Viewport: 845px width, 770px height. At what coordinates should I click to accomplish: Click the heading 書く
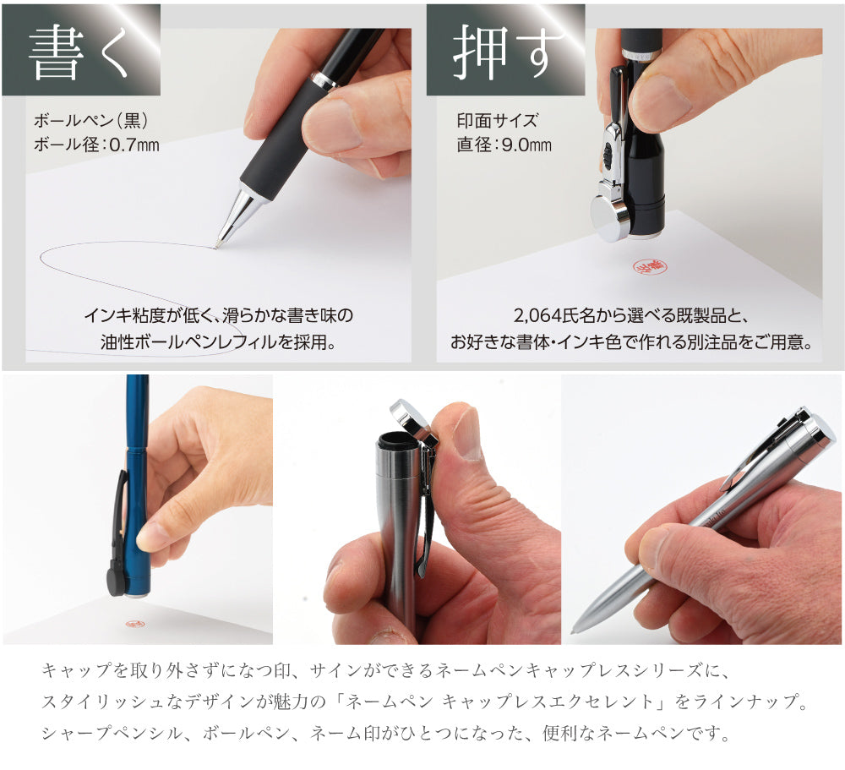pyautogui.click(x=79, y=53)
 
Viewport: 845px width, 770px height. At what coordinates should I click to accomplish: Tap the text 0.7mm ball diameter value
pyautogui.click(x=134, y=145)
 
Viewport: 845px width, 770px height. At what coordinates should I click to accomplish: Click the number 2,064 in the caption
pyautogui.click(x=537, y=315)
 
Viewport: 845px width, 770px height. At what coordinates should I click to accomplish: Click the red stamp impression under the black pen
pyautogui.click(x=649, y=267)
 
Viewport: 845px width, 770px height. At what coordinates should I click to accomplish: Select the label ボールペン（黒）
pyautogui.click(x=91, y=120)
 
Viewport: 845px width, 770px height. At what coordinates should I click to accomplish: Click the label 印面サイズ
pyautogui.click(x=498, y=120)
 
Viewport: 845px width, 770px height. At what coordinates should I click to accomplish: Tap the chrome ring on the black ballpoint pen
pyautogui.click(x=325, y=79)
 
